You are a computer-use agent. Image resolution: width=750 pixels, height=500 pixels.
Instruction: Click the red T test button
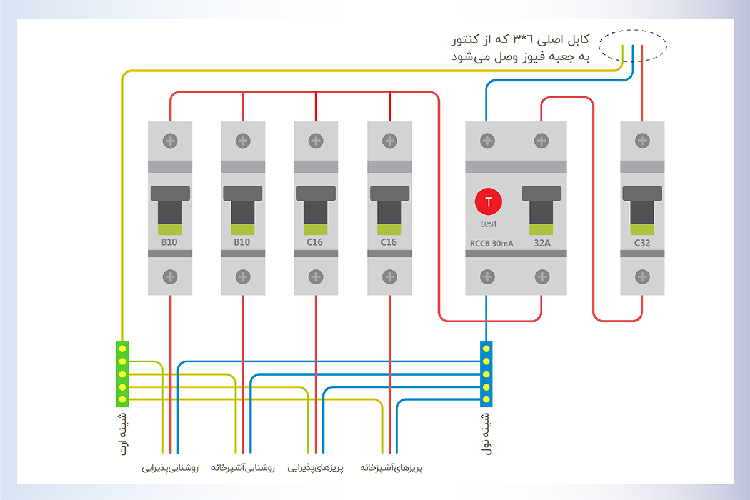[489, 202]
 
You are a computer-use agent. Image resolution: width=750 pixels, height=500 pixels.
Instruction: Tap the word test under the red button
[489, 224]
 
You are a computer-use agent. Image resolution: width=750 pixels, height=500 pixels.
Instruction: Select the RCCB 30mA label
[492, 243]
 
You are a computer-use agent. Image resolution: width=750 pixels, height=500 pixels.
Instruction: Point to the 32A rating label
[541, 243]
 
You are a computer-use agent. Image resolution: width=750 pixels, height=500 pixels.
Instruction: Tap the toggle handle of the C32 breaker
[642, 206]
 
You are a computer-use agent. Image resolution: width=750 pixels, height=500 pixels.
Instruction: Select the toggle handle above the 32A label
[541, 206]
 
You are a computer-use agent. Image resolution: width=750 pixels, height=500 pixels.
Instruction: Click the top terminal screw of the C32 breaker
[642, 141]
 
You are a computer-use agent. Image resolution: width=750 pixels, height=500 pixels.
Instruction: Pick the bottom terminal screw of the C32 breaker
[642, 276]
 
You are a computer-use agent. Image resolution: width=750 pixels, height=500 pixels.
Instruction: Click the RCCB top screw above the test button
[487, 141]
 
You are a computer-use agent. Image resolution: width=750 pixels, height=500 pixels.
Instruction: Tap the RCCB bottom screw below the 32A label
[542, 276]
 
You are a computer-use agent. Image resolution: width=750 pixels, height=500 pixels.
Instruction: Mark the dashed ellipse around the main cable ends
[632, 45]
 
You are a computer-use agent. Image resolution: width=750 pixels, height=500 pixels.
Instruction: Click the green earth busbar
[122, 374]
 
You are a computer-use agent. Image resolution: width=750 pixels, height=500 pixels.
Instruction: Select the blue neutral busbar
[486, 374]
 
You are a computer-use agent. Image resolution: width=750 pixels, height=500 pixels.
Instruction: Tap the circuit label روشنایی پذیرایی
[170, 467]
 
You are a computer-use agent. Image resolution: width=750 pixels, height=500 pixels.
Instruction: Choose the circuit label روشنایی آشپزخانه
[243, 467]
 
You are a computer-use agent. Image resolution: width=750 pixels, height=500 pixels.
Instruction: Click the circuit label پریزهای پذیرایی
[316, 467]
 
